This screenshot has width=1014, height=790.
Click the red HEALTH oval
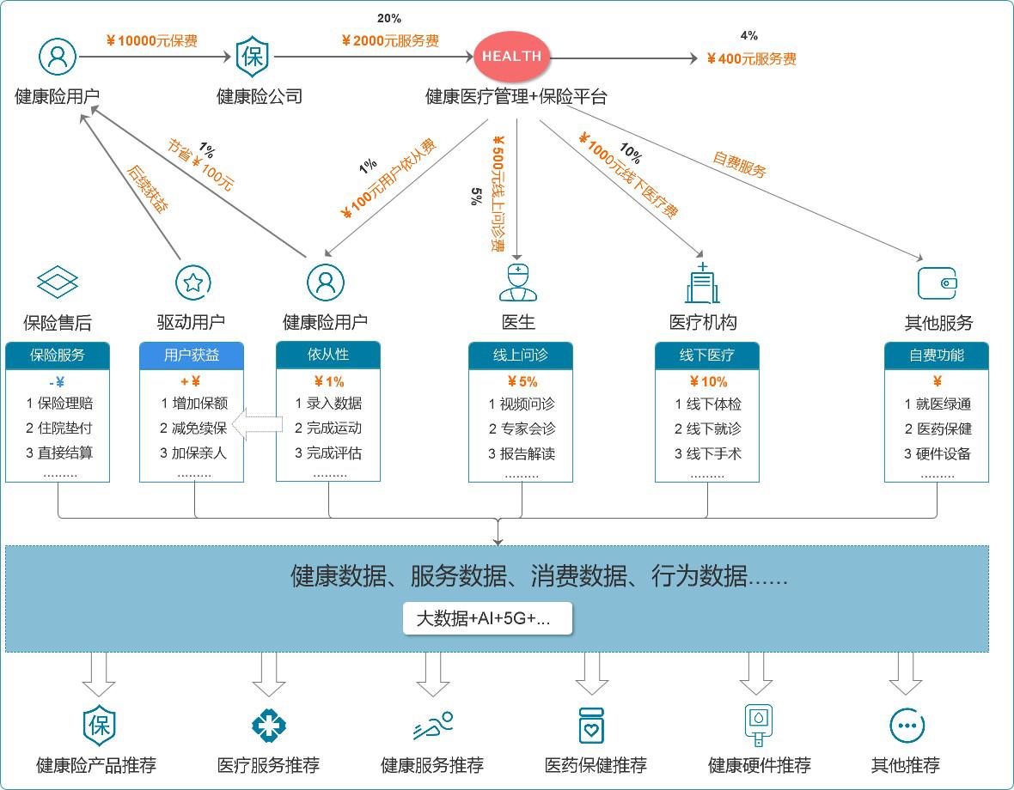tap(511, 57)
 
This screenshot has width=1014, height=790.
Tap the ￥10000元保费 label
tap(152, 40)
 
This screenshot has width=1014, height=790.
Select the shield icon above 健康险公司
tap(253, 57)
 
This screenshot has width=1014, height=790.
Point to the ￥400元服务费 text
tap(751, 58)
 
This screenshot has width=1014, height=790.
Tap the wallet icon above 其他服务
tap(937, 283)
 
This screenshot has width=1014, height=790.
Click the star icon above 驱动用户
tap(193, 282)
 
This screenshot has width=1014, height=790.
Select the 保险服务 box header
tap(58, 355)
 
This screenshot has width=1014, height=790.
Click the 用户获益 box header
tap(192, 355)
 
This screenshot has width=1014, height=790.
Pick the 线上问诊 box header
tap(520, 355)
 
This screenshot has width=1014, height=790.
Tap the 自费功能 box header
tap(937, 355)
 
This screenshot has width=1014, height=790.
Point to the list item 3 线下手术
tap(707, 453)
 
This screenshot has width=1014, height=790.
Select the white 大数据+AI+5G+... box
tap(487, 618)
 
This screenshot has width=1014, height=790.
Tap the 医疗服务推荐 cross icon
tap(268, 726)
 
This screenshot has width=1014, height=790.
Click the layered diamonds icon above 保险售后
tap(58, 282)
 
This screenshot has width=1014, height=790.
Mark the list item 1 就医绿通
tap(937, 404)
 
